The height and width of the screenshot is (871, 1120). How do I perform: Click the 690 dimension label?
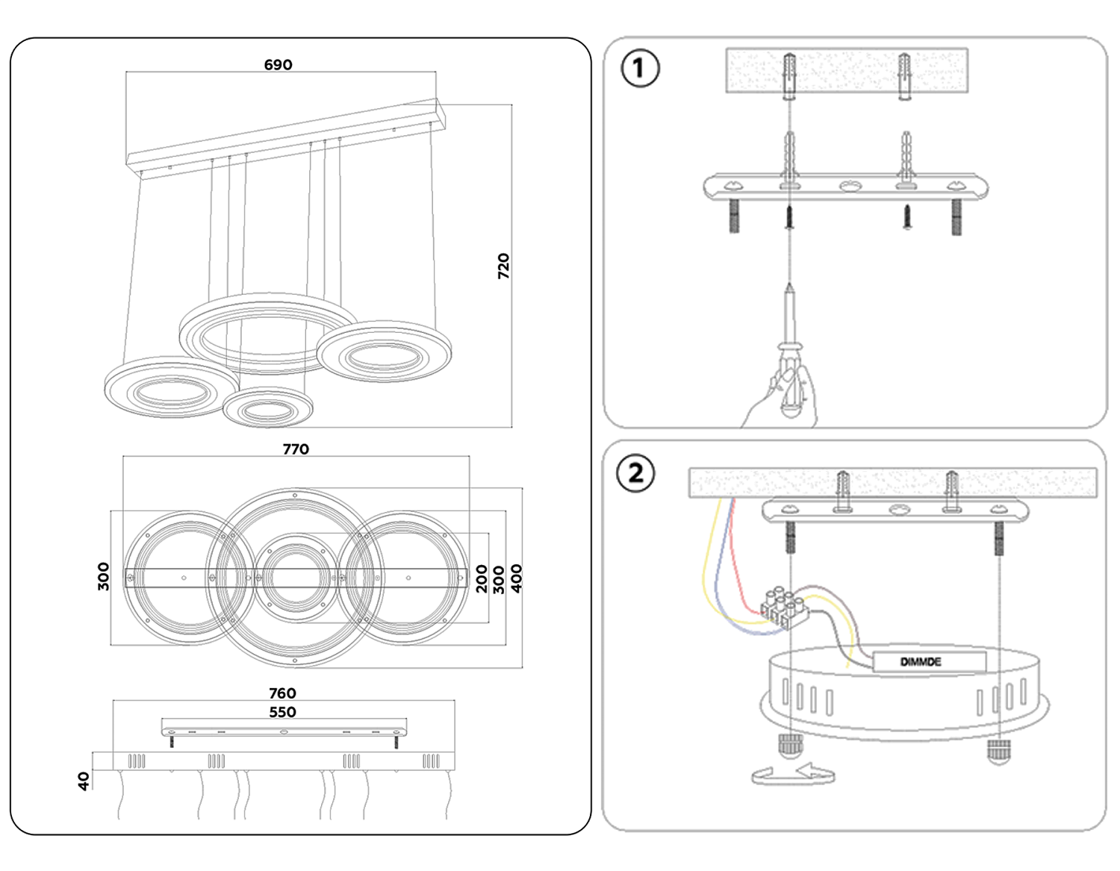point(278,65)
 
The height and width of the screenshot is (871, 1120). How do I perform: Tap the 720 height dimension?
point(503,266)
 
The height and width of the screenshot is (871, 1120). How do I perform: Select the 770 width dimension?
point(296,449)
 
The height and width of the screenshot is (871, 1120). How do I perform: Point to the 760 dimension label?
point(282,693)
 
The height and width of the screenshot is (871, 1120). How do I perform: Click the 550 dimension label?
point(282,712)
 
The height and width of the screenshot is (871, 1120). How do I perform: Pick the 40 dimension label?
point(84,781)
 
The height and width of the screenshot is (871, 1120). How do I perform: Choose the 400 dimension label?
point(516,578)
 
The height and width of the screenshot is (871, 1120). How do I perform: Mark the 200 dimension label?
point(482,579)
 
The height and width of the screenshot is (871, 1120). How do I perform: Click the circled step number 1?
point(640,68)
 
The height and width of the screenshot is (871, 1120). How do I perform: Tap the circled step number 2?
point(635,473)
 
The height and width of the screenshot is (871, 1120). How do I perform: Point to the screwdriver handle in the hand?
point(789,381)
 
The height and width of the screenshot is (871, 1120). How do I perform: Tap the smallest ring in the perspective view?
point(267,408)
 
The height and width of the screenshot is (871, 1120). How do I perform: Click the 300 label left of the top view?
point(104,577)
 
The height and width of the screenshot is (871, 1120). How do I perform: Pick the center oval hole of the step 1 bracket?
point(847,186)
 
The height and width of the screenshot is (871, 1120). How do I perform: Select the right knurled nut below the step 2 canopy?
point(998,751)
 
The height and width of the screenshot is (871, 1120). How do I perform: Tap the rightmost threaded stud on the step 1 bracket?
point(956,217)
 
